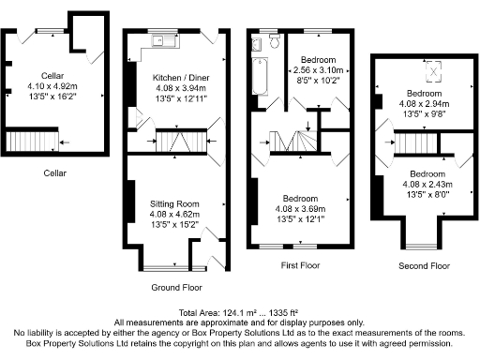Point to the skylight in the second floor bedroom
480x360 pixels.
point(433,70)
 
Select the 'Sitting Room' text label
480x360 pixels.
point(174,203)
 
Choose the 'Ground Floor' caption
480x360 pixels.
point(174,288)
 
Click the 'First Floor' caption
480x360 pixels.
point(297,266)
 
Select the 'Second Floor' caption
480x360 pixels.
point(424,266)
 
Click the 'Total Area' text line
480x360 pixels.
point(239,311)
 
